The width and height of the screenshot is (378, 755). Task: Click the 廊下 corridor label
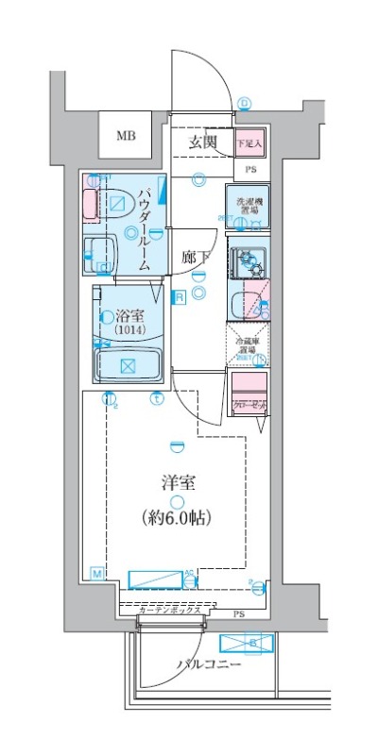(x=195, y=256)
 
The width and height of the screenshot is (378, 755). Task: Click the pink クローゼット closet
(x=249, y=389)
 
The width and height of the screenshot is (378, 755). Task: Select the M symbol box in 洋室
(x=97, y=573)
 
